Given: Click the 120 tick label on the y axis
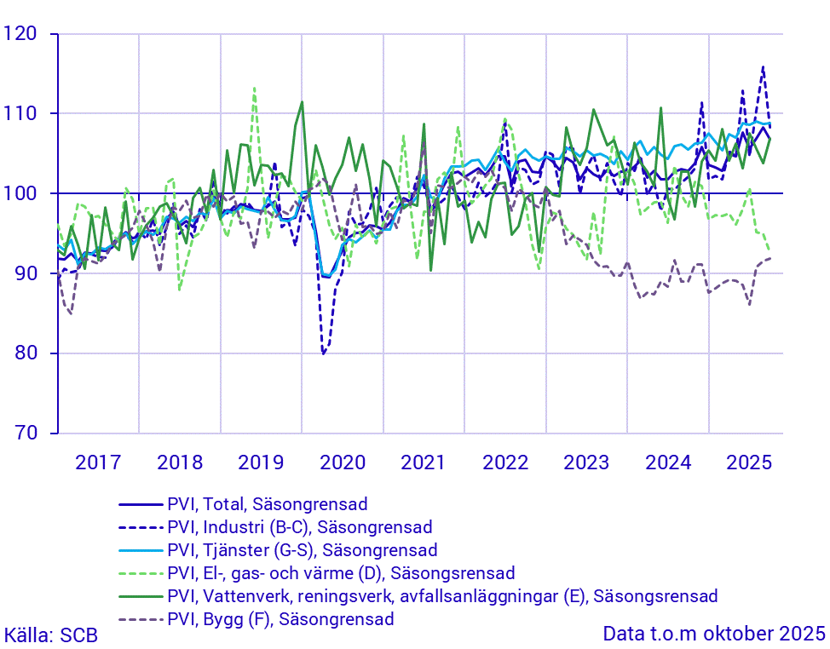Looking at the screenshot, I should click(22, 34).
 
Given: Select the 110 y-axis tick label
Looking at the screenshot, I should click(22, 114).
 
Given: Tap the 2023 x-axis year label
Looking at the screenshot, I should click(586, 462).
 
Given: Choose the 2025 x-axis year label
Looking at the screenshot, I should click(749, 462).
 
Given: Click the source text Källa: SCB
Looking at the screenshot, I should click(51, 635).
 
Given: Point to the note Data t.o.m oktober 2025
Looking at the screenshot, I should click(714, 635).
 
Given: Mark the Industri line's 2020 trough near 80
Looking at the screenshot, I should click(323, 353).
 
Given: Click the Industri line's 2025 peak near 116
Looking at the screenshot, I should click(763, 66).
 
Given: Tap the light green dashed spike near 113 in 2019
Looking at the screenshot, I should click(254, 88).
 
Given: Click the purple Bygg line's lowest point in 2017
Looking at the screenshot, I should click(70, 313).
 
